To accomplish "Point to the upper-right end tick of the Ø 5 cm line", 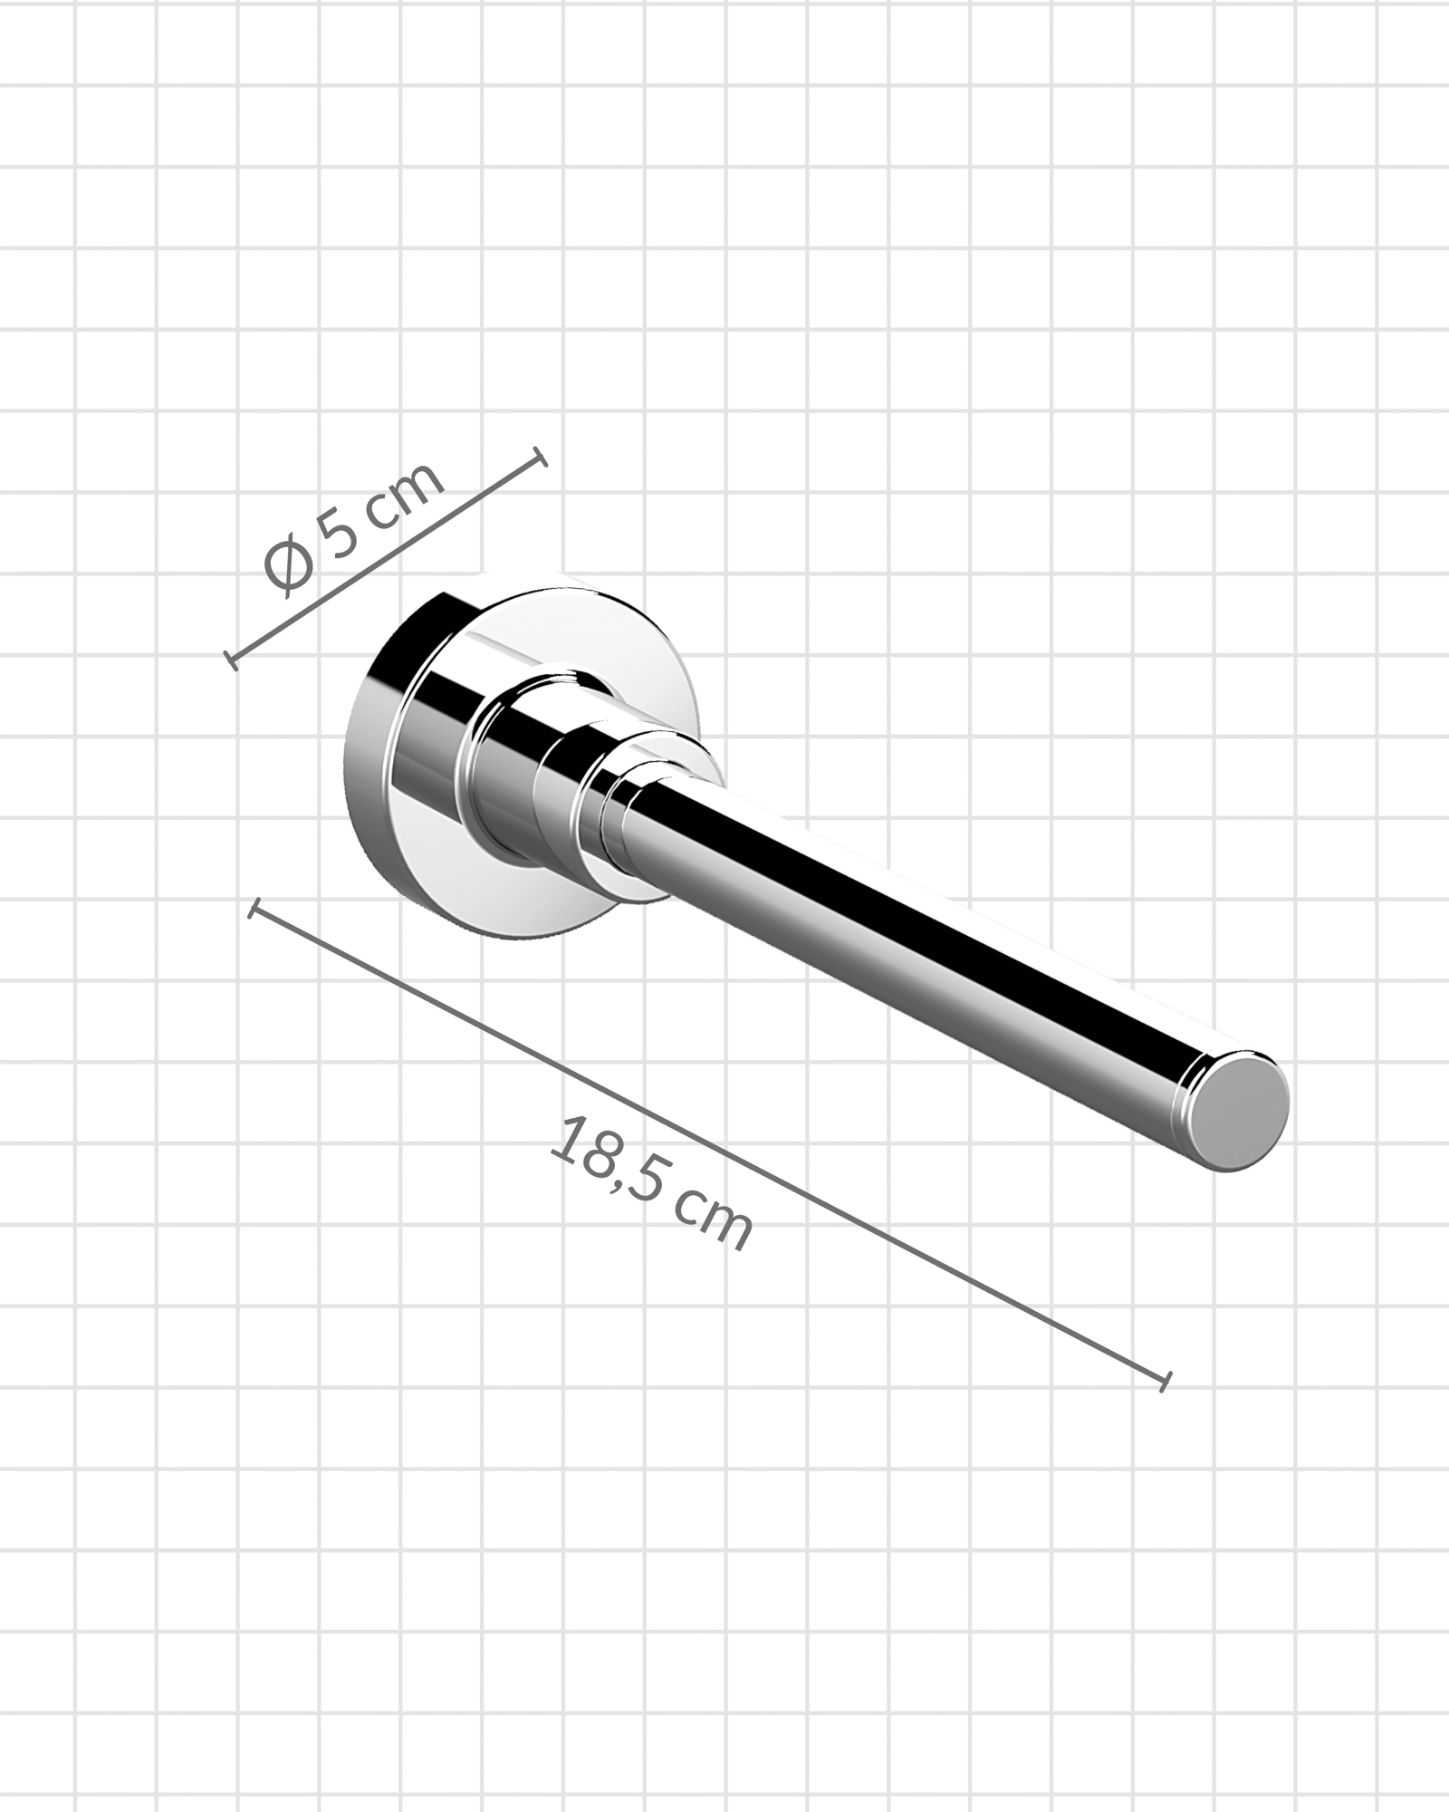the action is (541, 457).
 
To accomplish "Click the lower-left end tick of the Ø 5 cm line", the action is (230, 659).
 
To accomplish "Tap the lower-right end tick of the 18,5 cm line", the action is (1166, 1406).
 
